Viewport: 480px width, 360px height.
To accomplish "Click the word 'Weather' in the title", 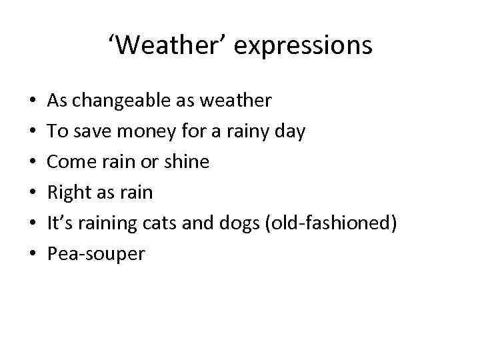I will pyautogui.click(x=172, y=45).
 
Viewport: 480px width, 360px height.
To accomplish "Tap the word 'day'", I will pyautogui.click(x=289, y=132).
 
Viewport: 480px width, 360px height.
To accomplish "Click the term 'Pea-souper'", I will pyautogui.click(x=96, y=254).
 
